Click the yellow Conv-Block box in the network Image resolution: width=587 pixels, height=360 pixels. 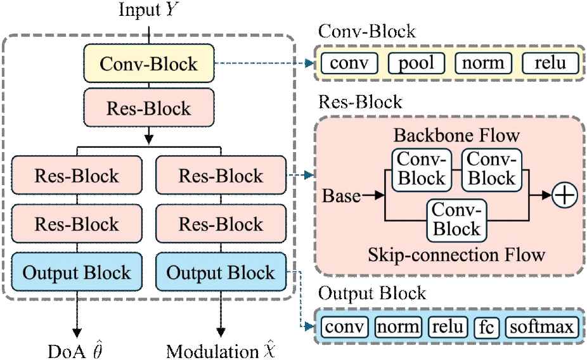(x=149, y=64)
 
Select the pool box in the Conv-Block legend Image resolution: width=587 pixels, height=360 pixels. (x=416, y=63)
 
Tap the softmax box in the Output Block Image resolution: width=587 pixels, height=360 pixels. (x=542, y=327)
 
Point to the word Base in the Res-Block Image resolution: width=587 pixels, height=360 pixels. (x=342, y=196)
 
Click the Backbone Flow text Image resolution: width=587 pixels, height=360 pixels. (x=456, y=136)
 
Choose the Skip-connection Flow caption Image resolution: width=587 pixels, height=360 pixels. (x=456, y=255)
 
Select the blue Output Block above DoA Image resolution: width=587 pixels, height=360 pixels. (x=77, y=273)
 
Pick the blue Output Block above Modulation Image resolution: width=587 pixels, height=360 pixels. (x=221, y=273)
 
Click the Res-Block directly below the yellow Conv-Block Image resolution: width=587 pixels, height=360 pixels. (x=149, y=108)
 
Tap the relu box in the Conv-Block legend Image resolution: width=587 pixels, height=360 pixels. (x=550, y=63)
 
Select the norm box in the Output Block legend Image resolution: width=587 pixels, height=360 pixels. (x=398, y=327)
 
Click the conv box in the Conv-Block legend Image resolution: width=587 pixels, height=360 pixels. (x=349, y=63)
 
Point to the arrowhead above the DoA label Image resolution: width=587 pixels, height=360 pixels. (x=77, y=330)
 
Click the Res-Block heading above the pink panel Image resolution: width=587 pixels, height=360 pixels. (x=360, y=102)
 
